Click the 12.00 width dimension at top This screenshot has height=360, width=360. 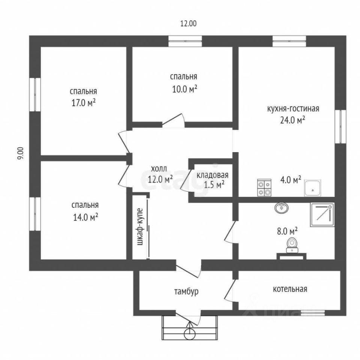188,23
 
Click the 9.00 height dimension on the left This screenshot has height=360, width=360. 21,154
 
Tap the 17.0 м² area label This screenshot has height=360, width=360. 83,103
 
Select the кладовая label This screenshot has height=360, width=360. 212,175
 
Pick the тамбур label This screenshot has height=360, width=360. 186,291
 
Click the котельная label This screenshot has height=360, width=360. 290,289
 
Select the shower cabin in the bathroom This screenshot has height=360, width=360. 322,214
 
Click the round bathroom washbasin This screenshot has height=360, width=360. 281,208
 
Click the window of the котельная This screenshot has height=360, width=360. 313,312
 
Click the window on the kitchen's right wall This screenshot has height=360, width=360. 340,126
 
